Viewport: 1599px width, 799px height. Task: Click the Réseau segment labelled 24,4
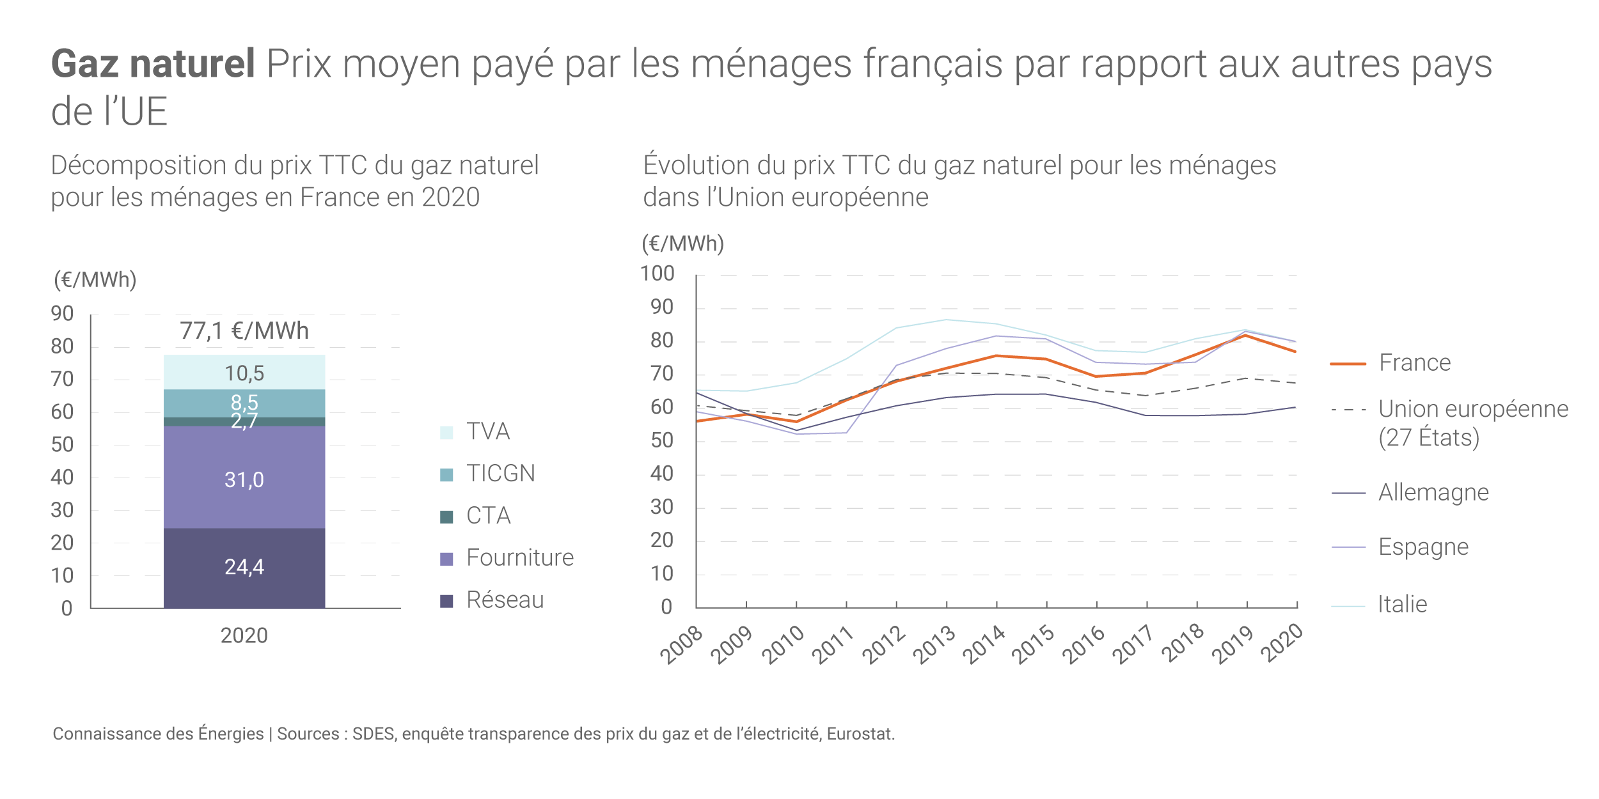(244, 567)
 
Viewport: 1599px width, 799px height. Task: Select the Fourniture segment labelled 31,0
(244, 479)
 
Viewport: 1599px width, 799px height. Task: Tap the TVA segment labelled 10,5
(244, 373)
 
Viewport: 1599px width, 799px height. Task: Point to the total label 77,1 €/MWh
(244, 331)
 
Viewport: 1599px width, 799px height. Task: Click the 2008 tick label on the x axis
(681, 646)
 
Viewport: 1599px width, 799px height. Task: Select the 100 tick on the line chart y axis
(658, 274)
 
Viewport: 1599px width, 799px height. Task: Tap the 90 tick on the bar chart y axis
(62, 314)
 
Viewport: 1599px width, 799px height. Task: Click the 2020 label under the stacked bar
(244, 635)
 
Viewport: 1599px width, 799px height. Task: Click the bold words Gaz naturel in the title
(153, 64)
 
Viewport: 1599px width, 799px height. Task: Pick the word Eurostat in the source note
(860, 734)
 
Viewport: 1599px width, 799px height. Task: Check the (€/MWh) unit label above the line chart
(682, 244)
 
